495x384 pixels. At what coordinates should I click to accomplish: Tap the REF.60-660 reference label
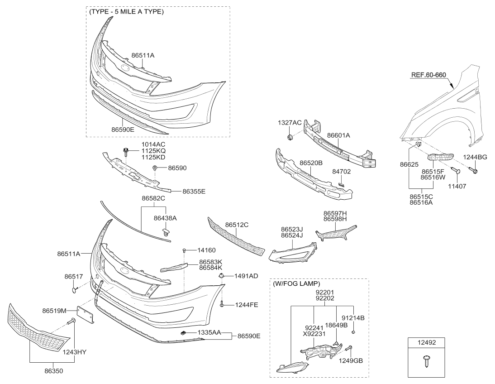[x=429, y=76]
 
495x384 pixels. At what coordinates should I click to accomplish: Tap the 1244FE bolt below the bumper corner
[x=223, y=305]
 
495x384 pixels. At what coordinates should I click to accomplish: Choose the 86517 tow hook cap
[x=73, y=287]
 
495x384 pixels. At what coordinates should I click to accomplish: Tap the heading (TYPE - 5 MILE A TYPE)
[x=127, y=12]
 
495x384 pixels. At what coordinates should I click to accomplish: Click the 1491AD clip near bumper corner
[x=221, y=276]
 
